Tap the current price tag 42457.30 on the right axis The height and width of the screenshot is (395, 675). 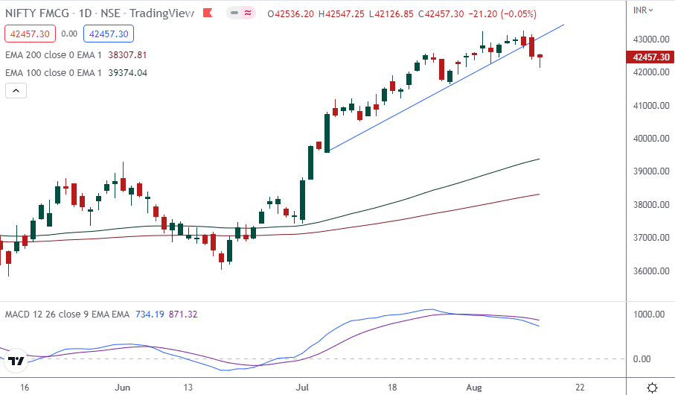click(x=649, y=57)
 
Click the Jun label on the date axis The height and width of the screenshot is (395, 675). click(x=124, y=388)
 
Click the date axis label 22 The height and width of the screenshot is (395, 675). click(x=580, y=388)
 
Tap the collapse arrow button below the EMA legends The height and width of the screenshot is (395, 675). click(x=16, y=91)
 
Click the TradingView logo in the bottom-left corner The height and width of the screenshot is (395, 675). click(x=16, y=361)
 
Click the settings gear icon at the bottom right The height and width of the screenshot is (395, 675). click(x=652, y=388)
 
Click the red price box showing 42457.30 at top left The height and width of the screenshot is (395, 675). click(x=28, y=34)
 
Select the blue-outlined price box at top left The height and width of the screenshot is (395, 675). click(x=109, y=34)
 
